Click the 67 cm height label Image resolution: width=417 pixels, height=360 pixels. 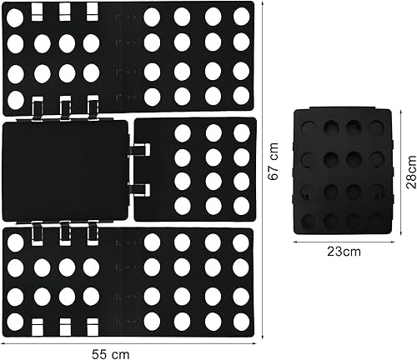[x=274, y=162]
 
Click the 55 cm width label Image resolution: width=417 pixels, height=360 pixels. [x=111, y=354]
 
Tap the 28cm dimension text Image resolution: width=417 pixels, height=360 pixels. [x=411, y=172]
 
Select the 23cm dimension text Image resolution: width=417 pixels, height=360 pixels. [x=344, y=252]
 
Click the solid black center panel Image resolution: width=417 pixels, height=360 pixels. [x=66, y=171]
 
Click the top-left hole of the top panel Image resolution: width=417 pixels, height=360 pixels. [x=15, y=17]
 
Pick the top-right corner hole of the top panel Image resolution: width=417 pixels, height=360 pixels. [x=241, y=16]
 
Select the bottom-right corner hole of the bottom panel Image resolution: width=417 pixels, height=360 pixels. [x=241, y=320]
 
